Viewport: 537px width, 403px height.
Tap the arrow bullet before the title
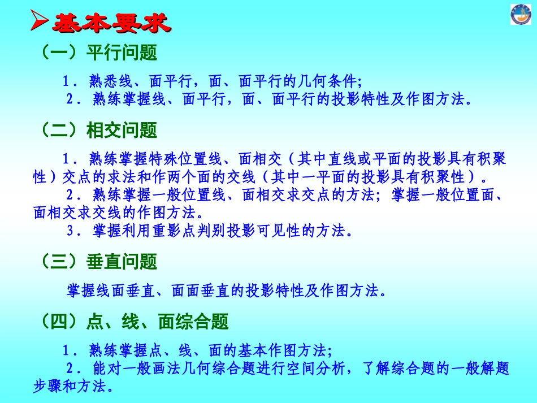click(x=40, y=22)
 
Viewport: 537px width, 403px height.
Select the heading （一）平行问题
click(x=98, y=53)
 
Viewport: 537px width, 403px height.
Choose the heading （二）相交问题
click(x=98, y=131)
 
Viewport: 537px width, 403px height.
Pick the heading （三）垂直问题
click(x=98, y=262)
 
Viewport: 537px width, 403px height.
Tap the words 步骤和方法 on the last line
click(x=73, y=387)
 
